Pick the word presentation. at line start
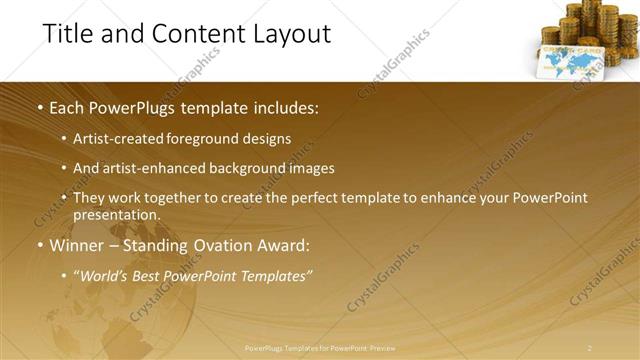point(116,215)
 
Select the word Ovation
point(227,246)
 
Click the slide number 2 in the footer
point(590,348)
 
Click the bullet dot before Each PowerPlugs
point(39,107)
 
